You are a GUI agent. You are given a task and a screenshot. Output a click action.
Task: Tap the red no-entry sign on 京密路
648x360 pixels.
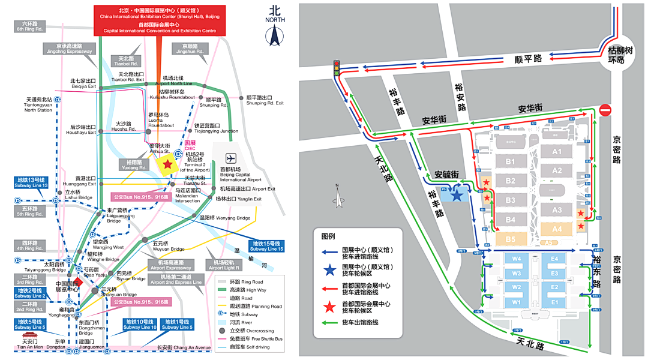(605, 110)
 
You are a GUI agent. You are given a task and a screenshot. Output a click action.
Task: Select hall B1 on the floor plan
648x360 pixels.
(511, 161)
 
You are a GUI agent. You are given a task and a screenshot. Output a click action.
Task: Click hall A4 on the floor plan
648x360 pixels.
(557, 229)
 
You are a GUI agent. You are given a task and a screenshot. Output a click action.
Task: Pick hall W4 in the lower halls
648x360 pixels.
(516, 259)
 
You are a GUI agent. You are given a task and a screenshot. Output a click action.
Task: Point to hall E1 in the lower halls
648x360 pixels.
(554, 302)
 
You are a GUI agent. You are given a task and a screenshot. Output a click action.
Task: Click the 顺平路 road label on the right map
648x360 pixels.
(528, 58)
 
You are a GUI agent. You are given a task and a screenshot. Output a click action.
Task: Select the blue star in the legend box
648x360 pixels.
(329, 271)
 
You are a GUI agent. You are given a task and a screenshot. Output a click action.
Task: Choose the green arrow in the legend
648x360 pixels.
(329, 322)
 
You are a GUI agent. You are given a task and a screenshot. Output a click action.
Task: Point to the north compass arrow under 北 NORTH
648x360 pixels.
(275, 35)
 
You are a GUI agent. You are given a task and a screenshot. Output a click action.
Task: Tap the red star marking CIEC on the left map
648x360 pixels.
(167, 163)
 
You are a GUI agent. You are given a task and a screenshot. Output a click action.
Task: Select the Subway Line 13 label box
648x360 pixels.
(32, 182)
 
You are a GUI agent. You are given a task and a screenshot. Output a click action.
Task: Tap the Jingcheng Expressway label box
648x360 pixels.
(69, 49)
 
